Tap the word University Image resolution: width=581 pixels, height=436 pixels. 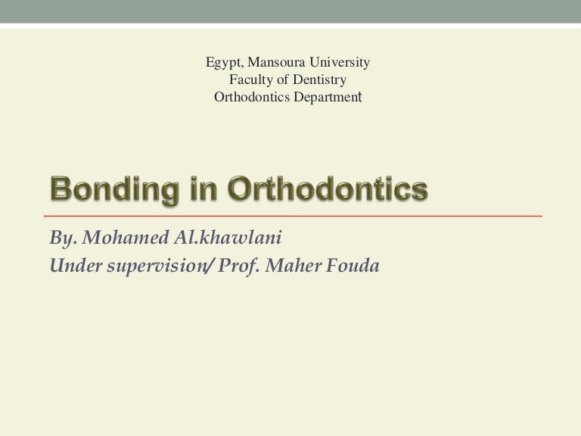point(338,61)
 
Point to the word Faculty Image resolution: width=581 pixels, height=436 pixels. point(250,79)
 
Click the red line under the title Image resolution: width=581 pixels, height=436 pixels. point(295,216)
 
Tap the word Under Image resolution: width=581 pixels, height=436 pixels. point(71,266)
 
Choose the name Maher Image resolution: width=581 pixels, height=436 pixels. point(287,266)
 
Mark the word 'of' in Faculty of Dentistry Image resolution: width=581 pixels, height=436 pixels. point(281,79)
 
